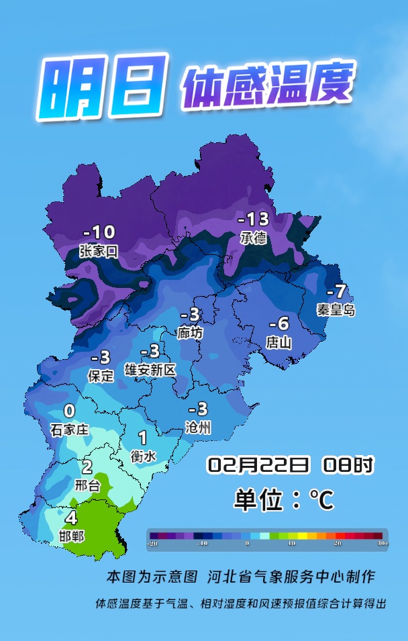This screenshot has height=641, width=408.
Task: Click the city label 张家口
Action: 99,251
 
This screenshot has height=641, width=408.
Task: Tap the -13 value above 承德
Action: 254,219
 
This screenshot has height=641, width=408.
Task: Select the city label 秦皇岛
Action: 336,310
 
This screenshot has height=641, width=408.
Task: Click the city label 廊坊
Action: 190,333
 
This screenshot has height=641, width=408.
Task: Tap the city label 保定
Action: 101,376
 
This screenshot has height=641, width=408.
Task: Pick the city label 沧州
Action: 198,427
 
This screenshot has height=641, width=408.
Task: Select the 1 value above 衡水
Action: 142,438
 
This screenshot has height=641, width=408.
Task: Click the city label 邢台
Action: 87,485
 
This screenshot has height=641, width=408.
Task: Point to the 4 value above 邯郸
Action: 71,518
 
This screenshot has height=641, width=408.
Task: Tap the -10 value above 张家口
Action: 99,232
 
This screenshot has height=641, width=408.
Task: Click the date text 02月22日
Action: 258,464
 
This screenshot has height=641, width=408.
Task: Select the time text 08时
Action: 348,464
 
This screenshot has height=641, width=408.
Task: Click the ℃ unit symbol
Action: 321,499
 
